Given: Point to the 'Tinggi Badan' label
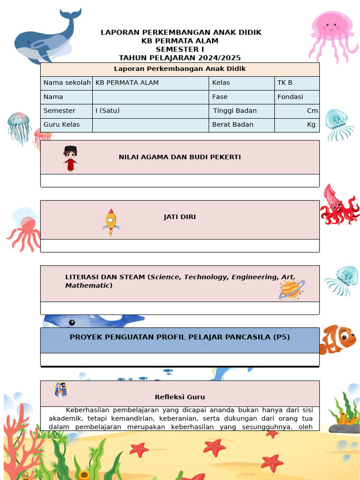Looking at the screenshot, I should [x=235, y=111].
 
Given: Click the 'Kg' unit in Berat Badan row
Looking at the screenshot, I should [x=311, y=125].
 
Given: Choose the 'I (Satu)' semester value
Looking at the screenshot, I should [x=107, y=111].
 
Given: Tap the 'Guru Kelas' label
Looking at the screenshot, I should [x=61, y=125].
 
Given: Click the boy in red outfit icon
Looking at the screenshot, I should [x=70, y=158].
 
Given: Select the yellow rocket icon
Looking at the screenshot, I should [x=111, y=222].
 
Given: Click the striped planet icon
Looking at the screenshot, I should [x=291, y=289].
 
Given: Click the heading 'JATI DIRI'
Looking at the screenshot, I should [x=180, y=217].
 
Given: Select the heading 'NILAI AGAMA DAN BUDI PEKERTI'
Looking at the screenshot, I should [x=180, y=157].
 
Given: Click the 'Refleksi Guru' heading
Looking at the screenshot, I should [x=180, y=397].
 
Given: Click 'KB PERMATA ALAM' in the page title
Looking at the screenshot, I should [x=180, y=41].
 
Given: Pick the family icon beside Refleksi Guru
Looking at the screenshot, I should [x=61, y=390].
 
